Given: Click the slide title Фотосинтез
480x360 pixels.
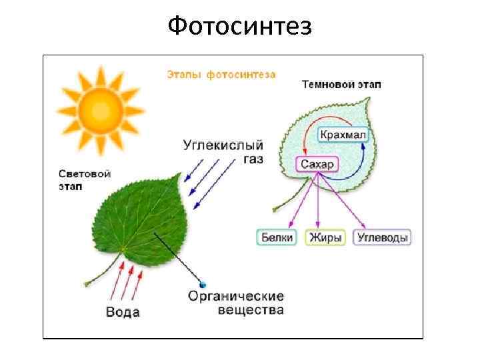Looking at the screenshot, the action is pos(239,27).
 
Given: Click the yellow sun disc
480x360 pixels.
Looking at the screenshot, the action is pos(99,105).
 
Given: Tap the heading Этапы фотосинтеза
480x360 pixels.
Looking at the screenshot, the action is pos(221,75).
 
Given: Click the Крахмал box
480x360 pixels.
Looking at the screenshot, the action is pos(343,135).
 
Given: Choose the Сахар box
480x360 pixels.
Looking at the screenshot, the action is pos(317,164).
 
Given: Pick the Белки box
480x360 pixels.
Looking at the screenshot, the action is pos(276,237).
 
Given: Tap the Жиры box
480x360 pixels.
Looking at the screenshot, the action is pos(325,237).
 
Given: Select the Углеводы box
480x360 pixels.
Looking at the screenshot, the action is pos(382,237).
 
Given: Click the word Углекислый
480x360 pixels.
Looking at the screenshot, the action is pos(223,145).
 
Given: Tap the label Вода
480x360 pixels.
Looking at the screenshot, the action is pos(123,312).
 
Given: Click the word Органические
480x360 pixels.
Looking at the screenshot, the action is pos(236,297).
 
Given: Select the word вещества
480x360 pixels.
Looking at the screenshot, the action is pos(251,310).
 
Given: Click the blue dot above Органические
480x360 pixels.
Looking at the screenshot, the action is pos(203,284).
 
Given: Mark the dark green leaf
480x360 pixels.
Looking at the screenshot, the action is pos(137,220).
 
